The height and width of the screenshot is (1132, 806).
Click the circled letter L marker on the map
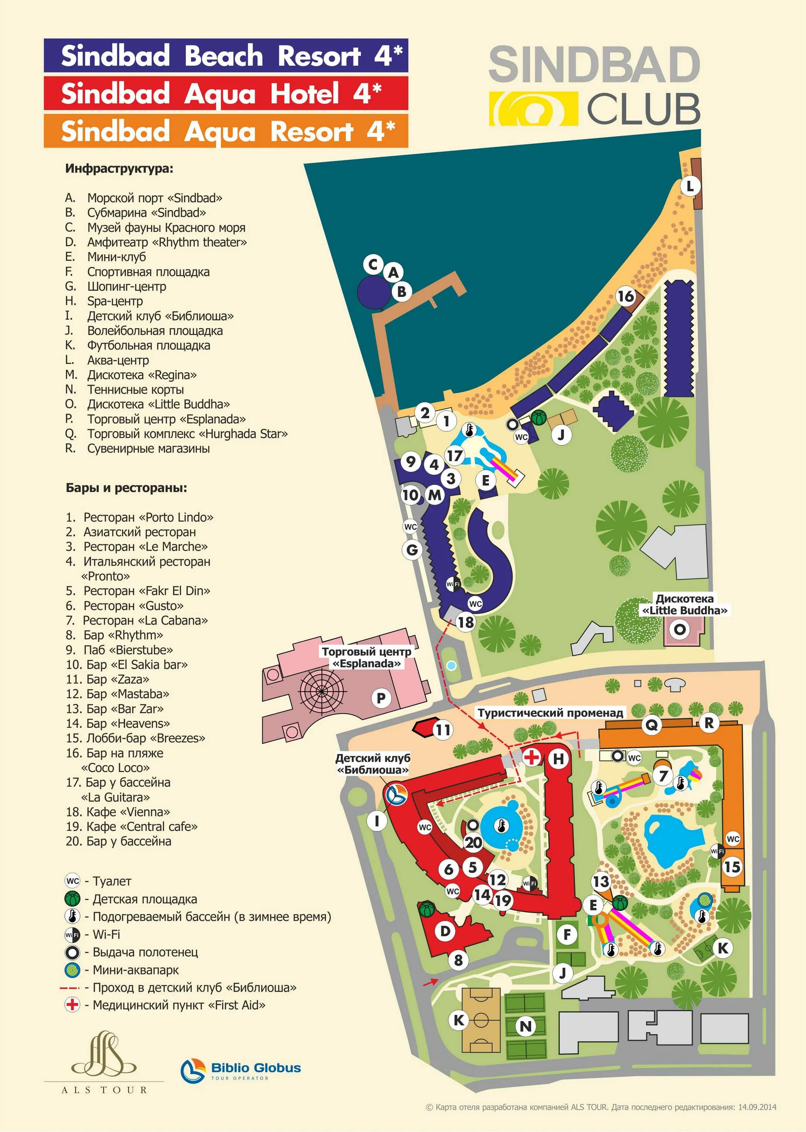(x=690, y=187)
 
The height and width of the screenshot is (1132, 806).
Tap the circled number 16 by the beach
(x=626, y=297)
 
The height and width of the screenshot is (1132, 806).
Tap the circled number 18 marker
(x=465, y=622)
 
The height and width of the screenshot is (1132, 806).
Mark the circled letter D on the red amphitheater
(x=445, y=931)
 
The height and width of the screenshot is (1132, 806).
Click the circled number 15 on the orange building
(x=732, y=867)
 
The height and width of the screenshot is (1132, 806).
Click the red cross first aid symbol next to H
(x=532, y=757)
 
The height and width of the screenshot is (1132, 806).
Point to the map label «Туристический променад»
(x=550, y=713)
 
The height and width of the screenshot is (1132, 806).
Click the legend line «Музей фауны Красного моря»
(x=166, y=228)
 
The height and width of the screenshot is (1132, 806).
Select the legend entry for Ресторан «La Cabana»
(x=145, y=620)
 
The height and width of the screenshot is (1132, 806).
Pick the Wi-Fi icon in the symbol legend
(x=72, y=935)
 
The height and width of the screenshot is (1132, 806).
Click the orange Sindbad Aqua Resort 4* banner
(x=226, y=131)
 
